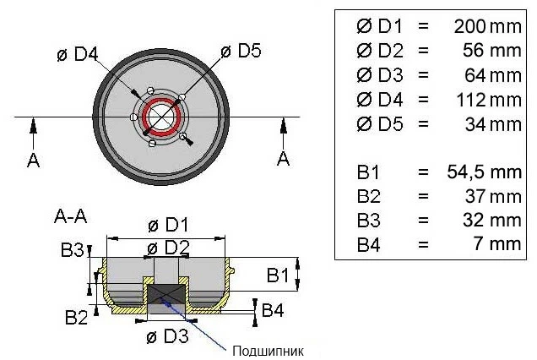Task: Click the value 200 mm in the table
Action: (x=487, y=26)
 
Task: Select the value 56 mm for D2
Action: (x=491, y=51)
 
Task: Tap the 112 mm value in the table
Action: (x=489, y=100)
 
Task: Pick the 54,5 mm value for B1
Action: (x=485, y=172)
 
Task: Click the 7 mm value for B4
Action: (x=498, y=243)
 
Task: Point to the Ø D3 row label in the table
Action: (x=380, y=75)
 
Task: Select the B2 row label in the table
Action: (x=368, y=196)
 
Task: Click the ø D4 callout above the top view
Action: (x=78, y=54)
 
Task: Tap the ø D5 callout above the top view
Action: (x=241, y=51)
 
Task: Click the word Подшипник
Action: (x=268, y=351)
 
